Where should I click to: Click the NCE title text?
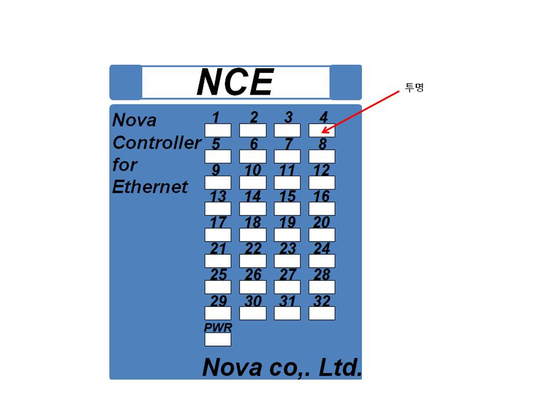pos(235,82)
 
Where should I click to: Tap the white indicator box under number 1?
pos(218,130)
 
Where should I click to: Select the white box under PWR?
pos(218,339)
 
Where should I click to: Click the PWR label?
pos(218,327)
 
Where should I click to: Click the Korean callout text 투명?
pos(414,87)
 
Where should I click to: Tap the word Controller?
pos(157,143)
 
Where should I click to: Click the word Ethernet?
pos(150,187)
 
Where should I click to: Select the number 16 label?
pos(321,196)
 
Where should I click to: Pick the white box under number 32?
pos(322,313)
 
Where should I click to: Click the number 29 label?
pos(219,300)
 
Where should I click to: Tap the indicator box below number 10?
pos(253,183)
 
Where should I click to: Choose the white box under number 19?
pos(287,235)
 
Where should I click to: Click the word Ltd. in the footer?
pos(340,367)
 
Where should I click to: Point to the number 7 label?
pos(289,144)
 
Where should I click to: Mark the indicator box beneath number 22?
pos(253,261)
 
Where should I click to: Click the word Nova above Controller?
pos(134,120)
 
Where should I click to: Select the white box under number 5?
pos(218,157)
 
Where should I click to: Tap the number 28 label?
pos(322,274)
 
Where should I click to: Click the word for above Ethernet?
pos(125,165)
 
